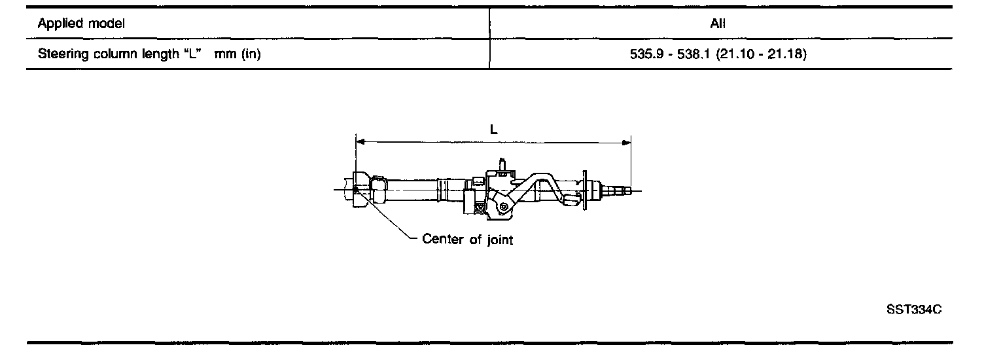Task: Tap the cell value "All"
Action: pos(718,24)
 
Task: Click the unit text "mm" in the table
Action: pos(225,55)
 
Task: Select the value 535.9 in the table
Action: pos(646,54)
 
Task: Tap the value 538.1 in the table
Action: pos(694,54)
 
